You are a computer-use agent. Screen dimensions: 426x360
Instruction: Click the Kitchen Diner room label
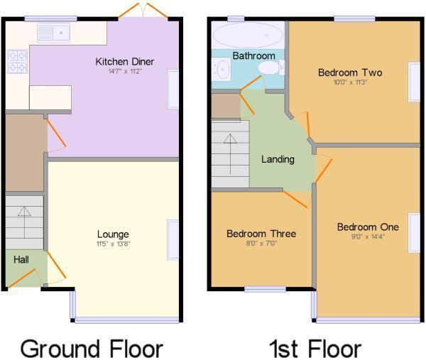(x=125, y=62)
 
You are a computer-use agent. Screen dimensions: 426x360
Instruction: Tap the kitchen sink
(x=53, y=33)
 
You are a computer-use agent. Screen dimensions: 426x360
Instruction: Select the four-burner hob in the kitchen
(x=17, y=62)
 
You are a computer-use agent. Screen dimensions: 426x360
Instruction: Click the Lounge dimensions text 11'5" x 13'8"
(x=114, y=244)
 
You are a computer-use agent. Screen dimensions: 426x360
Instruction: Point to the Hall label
(x=21, y=259)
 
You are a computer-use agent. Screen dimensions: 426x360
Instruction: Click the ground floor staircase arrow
(x=24, y=222)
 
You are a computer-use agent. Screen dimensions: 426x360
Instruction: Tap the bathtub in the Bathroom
(x=248, y=36)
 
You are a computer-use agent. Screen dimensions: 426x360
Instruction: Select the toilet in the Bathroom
(x=271, y=67)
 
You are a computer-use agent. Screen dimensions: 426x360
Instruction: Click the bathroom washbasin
(x=222, y=69)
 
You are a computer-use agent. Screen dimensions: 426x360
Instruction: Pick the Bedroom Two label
(x=350, y=72)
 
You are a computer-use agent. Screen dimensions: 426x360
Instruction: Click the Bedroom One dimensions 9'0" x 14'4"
(x=368, y=236)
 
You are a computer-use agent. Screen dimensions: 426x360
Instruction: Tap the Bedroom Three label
(x=261, y=234)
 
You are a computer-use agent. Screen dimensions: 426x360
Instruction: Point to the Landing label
(x=278, y=160)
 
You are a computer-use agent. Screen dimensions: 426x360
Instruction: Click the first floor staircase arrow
(x=230, y=154)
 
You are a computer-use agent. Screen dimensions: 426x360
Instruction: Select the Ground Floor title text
(x=92, y=349)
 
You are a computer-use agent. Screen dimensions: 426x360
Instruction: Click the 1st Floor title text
(x=315, y=349)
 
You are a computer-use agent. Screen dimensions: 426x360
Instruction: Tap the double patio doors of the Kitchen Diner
(x=143, y=11)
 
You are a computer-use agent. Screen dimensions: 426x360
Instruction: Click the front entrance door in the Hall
(x=22, y=278)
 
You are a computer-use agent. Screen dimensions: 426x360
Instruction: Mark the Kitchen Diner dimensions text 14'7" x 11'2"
(x=125, y=72)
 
